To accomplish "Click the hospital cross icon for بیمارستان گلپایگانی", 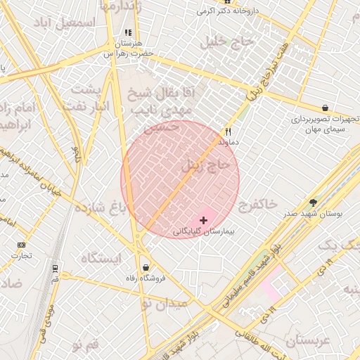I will [x=204, y=220].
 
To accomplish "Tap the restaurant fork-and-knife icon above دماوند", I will [x=228, y=131].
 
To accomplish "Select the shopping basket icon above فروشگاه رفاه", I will [x=146, y=267].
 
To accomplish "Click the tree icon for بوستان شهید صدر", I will [x=313, y=202].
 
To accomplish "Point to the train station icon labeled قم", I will [x=55, y=268].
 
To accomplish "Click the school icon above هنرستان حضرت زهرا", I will [x=127, y=32].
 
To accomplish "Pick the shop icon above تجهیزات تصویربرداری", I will [x=325, y=108].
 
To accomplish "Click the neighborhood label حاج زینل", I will [x=206, y=166].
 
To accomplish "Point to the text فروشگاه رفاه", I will [x=144, y=278].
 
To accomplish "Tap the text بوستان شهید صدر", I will [x=313, y=213].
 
